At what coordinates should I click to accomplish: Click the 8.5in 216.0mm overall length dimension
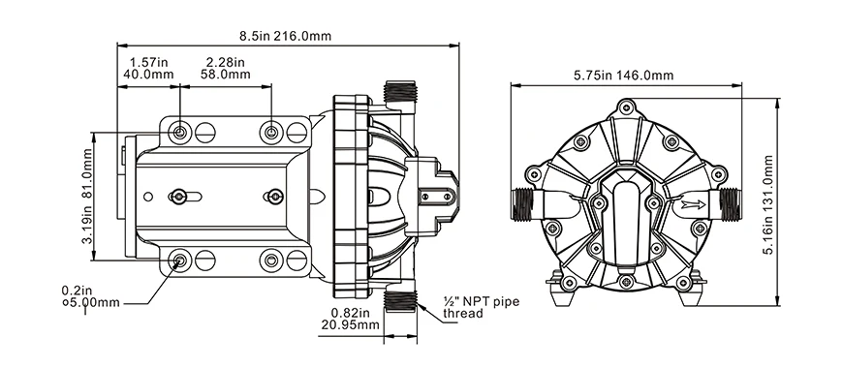[288, 36]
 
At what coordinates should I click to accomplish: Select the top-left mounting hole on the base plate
[180, 131]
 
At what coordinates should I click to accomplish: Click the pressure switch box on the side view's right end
[436, 195]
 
